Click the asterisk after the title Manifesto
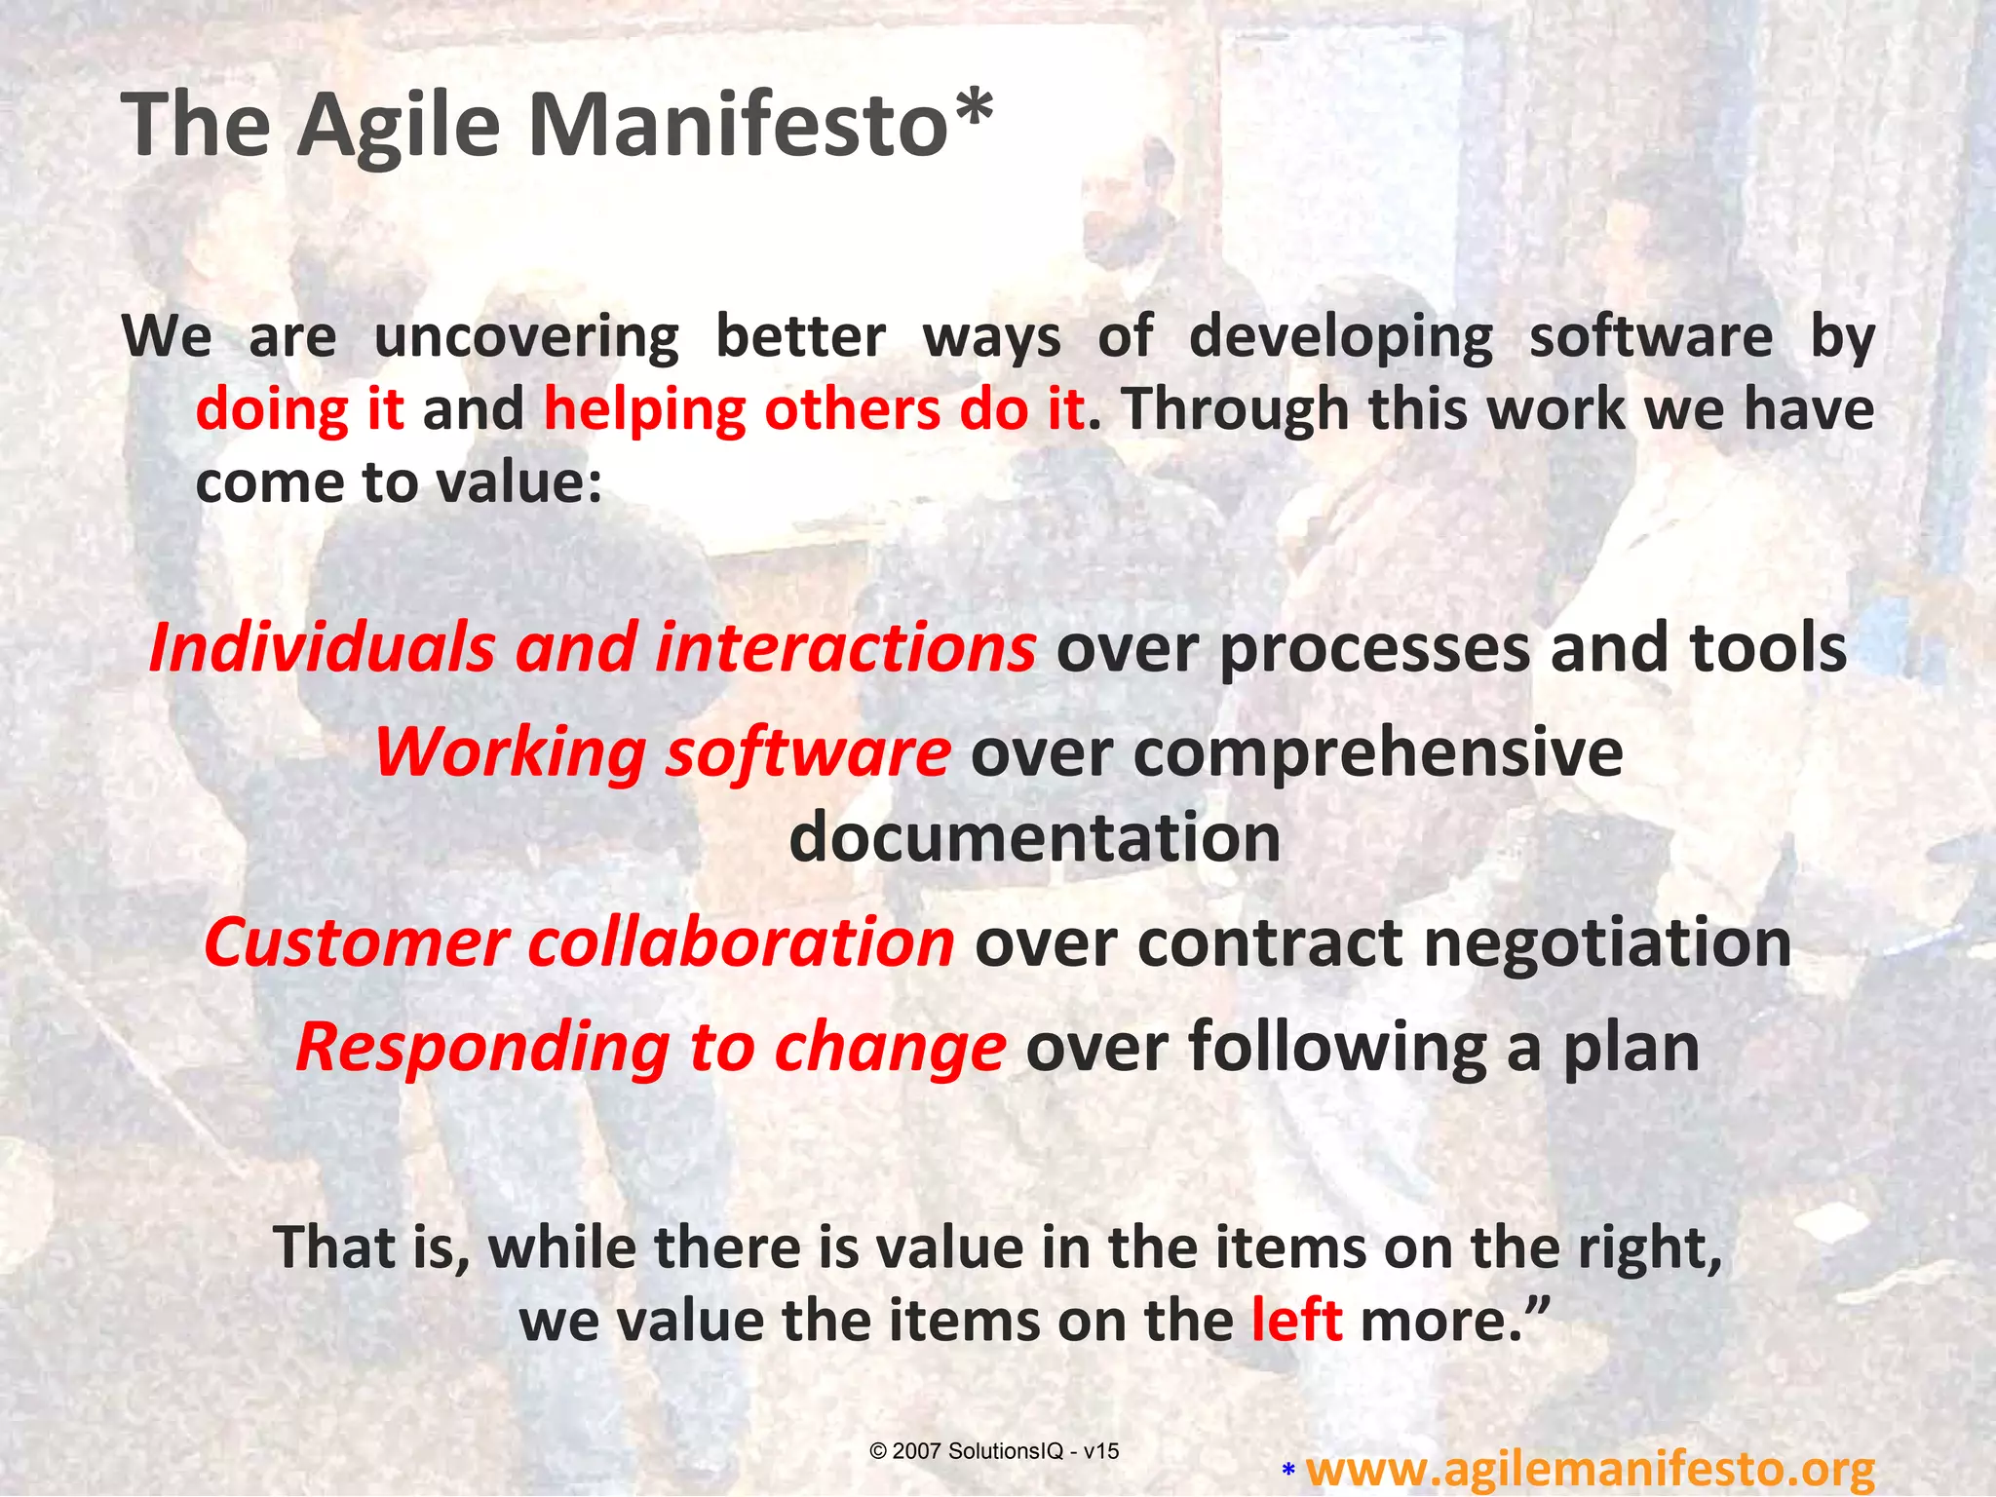coord(975,109)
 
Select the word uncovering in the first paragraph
coord(526,337)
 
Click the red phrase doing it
coord(299,409)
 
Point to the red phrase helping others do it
coord(814,409)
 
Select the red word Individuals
coord(322,647)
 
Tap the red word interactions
coord(844,647)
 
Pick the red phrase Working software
coord(663,752)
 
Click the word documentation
coord(1034,838)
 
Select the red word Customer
coord(356,942)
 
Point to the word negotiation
coord(1607,942)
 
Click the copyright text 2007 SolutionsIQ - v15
coord(994,1451)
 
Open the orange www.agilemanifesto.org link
coord(1589,1468)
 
